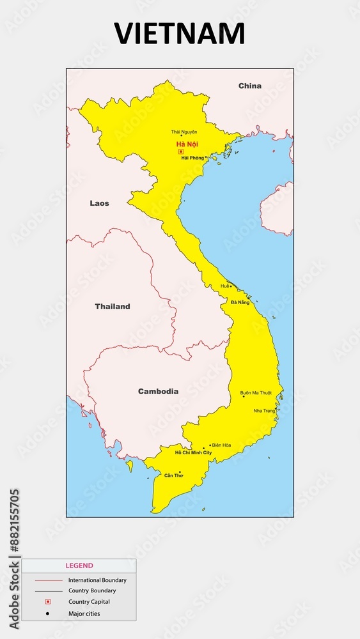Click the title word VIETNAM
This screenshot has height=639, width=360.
coord(180,33)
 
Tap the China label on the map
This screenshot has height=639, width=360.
coord(249,86)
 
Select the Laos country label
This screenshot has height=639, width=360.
coord(99,203)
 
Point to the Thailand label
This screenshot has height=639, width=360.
coord(113,306)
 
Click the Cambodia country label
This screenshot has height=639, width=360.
coord(158,391)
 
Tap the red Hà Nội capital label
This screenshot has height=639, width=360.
coord(187,144)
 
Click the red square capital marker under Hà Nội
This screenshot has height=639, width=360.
coord(181,151)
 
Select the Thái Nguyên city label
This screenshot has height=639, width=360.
coord(184,132)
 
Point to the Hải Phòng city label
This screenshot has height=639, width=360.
coord(192,158)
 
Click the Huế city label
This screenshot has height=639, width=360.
coord(224,286)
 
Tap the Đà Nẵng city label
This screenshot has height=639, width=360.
coord(240,302)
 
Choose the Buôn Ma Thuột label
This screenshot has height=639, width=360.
coord(256,392)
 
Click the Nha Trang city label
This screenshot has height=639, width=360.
coord(264,410)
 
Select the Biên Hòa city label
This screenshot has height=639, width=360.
coord(221,445)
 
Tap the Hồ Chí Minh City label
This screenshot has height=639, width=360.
coord(193,452)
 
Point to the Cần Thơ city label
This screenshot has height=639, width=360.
coord(173,475)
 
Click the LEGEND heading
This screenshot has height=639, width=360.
coord(79,566)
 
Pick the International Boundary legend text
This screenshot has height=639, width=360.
coord(97,580)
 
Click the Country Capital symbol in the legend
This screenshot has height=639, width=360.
coord(47,602)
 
